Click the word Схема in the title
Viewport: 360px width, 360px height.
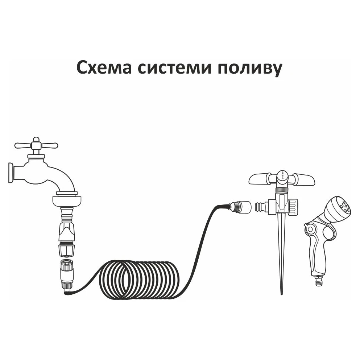tap(104, 67)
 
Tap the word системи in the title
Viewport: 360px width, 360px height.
tap(174, 68)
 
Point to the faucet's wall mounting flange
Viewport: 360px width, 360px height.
tap(11, 173)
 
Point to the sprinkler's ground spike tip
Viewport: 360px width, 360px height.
tap(282, 294)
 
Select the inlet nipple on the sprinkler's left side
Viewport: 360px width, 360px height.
tap(260, 206)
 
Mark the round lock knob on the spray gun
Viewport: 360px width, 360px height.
tap(310, 229)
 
